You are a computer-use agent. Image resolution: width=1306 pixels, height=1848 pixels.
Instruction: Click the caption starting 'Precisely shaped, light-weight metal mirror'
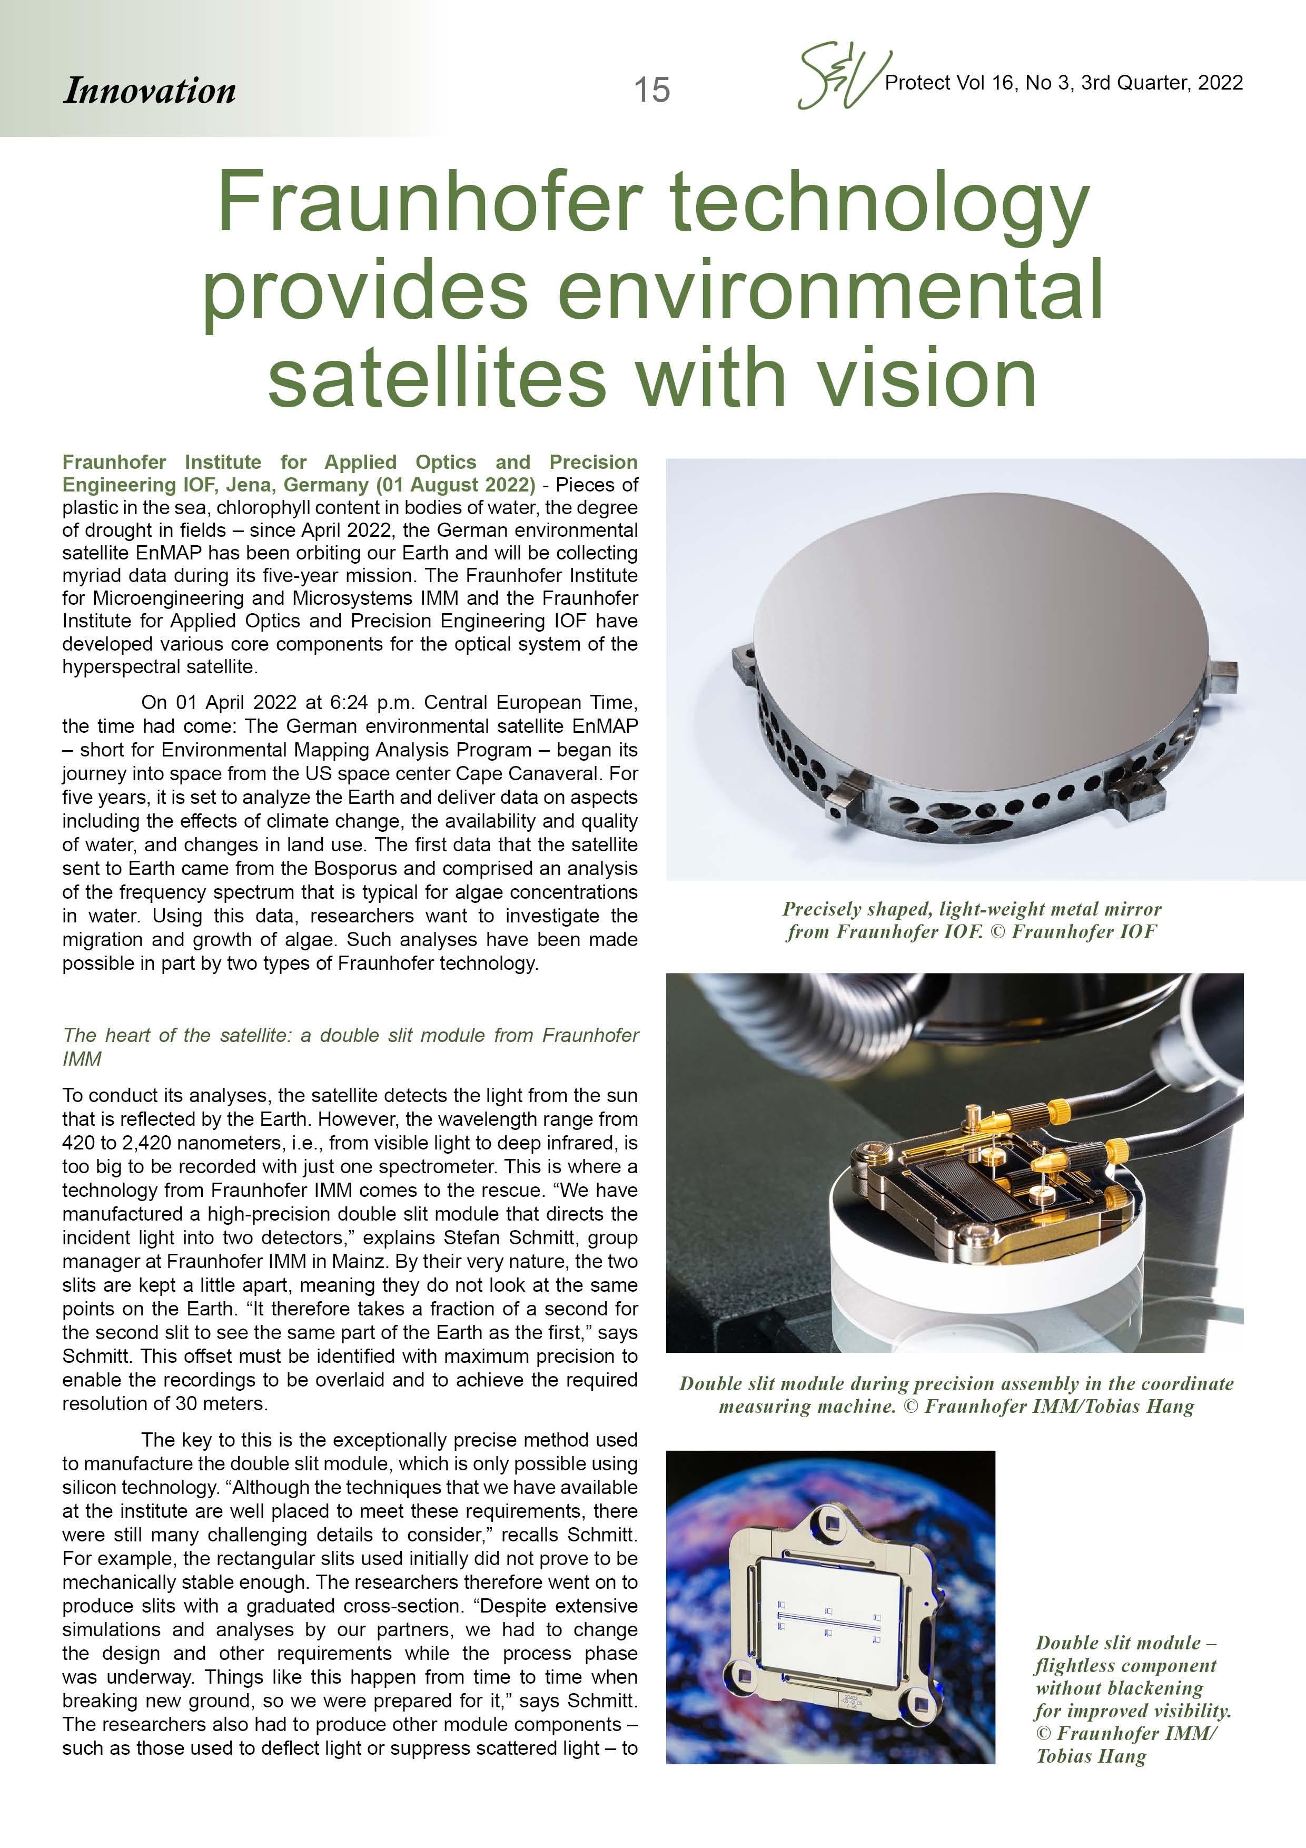[972, 920]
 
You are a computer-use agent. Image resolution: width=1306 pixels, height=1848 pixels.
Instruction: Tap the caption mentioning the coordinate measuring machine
[955, 1395]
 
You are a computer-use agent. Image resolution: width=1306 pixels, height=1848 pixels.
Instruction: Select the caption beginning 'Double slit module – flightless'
[1131, 1698]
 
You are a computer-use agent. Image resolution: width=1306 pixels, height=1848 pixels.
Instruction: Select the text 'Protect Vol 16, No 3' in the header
[978, 82]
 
